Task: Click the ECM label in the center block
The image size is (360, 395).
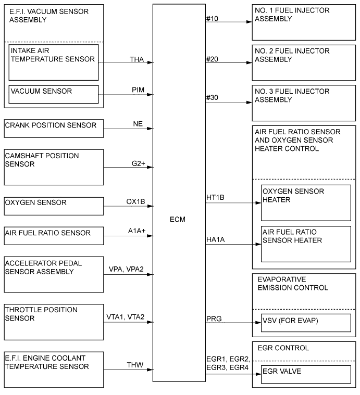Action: pyautogui.click(x=177, y=219)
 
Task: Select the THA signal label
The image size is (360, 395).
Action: pyautogui.click(x=137, y=59)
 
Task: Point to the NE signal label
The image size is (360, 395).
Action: pyautogui.click(x=138, y=124)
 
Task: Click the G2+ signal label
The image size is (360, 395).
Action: pyautogui.click(x=138, y=164)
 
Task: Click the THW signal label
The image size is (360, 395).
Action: pyautogui.click(x=135, y=366)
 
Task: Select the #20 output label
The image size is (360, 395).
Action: pyautogui.click(x=213, y=59)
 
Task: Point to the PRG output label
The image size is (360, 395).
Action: pyautogui.click(x=214, y=318)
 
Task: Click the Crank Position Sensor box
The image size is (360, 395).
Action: pyautogui.click(x=54, y=128)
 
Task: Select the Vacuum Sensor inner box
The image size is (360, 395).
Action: pyautogui.click(x=54, y=94)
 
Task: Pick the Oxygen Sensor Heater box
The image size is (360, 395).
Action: pyautogui.click(x=306, y=202)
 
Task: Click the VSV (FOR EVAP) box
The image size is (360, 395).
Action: pyautogui.click(x=306, y=323)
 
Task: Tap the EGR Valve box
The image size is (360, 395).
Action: pyautogui.click(x=306, y=376)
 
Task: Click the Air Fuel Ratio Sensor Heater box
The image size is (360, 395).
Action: pyautogui.click(x=306, y=244)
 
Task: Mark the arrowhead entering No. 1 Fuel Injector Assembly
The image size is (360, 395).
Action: pyautogui.click(x=250, y=22)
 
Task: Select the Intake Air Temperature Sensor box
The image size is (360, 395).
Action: pyautogui.click(x=54, y=62)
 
